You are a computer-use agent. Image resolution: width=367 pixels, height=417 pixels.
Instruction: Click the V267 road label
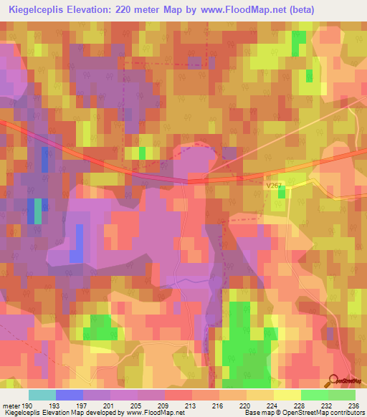pyautogui.click(x=274, y=186)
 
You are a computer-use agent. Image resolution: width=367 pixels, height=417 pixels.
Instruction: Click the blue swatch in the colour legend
pyautogui.click(x=69, y=395)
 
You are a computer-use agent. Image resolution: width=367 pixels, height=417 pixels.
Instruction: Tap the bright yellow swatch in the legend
pyautogui.click(x=287, y=395)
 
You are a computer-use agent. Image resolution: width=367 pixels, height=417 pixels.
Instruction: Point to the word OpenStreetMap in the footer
pyautogui.click(x=302, y=413)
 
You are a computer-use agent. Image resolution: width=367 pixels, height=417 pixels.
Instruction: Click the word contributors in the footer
pyautogui.click(x=348, y=413)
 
